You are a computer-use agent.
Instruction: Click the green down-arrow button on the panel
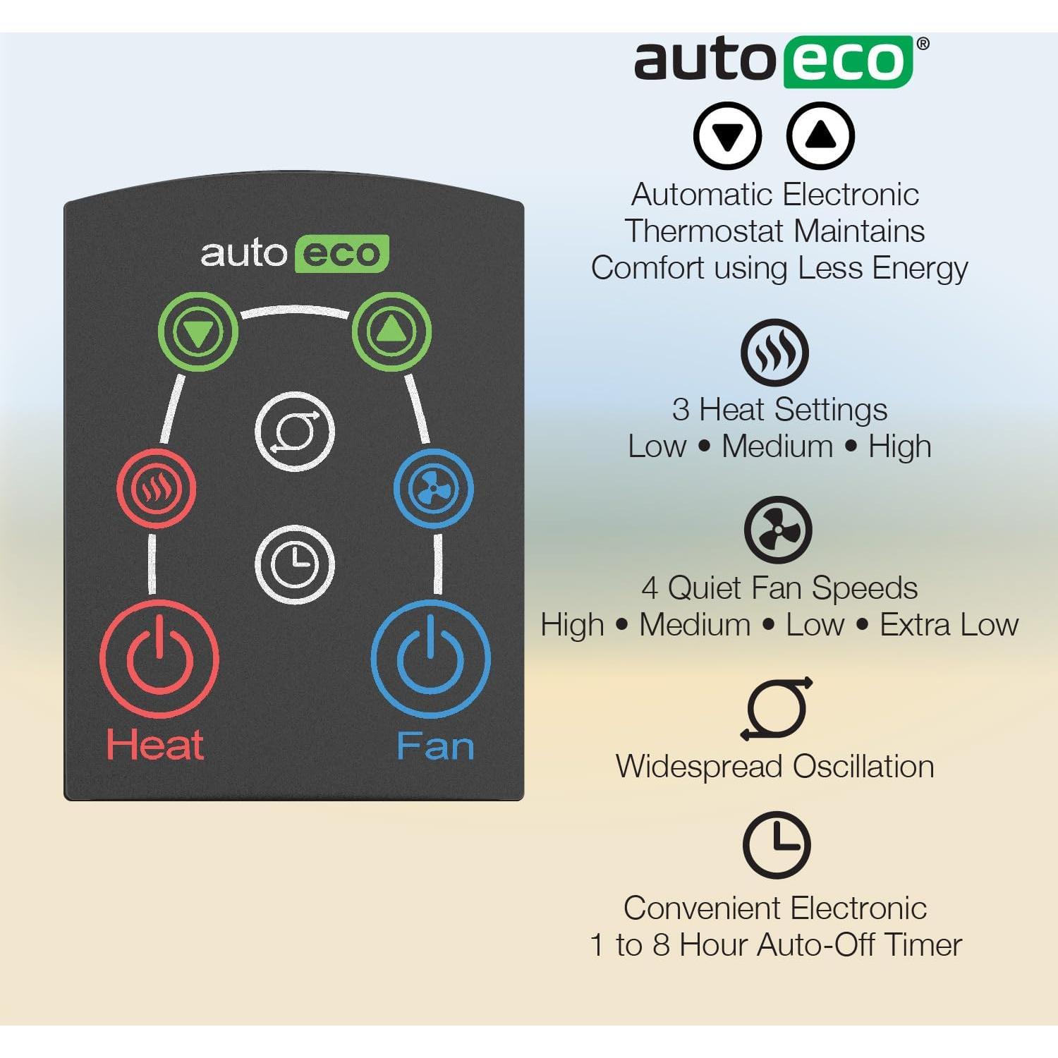click(x=197, y=332)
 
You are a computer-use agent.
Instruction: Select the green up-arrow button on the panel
click(x=391, y=332)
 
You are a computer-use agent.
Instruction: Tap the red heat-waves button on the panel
click(x=156, y=488)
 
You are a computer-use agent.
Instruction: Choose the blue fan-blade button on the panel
click(x=434, y=488)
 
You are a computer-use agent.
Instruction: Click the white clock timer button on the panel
click(x=294, y=564)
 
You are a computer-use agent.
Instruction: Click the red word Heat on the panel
click(x=154, y=745)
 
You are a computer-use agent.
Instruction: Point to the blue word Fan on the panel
click(x=434, y=746)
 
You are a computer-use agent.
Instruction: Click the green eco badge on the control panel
click(x=341, y=253)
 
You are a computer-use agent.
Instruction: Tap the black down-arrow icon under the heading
click(x=727, y=135)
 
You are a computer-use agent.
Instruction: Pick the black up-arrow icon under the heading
click(x=820, y=135)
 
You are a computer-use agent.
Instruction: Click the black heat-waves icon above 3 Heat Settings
click(x=774, y=352)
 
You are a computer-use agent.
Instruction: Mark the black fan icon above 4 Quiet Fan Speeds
click(x=778, y=530)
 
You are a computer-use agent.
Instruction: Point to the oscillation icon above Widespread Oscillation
click(x=777, y=709)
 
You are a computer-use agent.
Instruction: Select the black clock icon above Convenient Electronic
click(x=777, y=846)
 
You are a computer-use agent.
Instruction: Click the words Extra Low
click(x=949, y=625)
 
